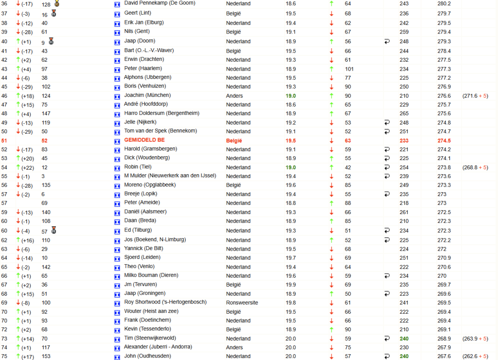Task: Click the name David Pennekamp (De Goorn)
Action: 160,3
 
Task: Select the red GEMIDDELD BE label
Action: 145,140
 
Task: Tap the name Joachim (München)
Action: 147,95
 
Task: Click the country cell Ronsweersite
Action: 242,303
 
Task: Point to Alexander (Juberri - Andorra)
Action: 158,347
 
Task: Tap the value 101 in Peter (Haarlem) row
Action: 349,69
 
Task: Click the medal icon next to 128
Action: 57,3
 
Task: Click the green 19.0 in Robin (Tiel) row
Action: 290,167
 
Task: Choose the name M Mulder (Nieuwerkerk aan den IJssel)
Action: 170,176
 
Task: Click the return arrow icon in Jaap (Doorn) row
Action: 387,41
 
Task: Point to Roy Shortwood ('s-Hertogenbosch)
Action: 162,303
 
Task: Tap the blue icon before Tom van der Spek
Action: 117,131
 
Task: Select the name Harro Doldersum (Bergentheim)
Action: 161,113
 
